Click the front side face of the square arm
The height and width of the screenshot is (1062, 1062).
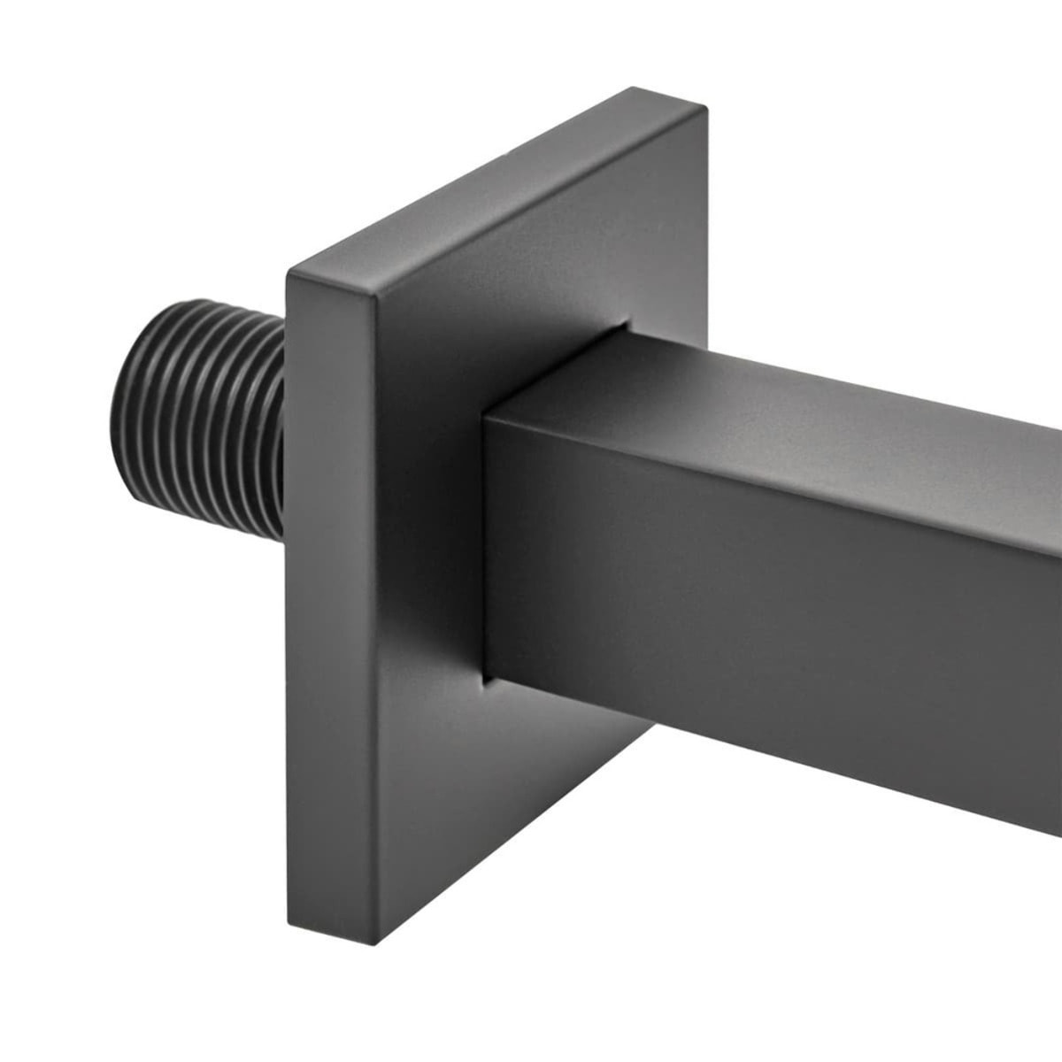coord(752,602)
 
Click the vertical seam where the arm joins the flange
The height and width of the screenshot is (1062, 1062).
coord(484,549)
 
